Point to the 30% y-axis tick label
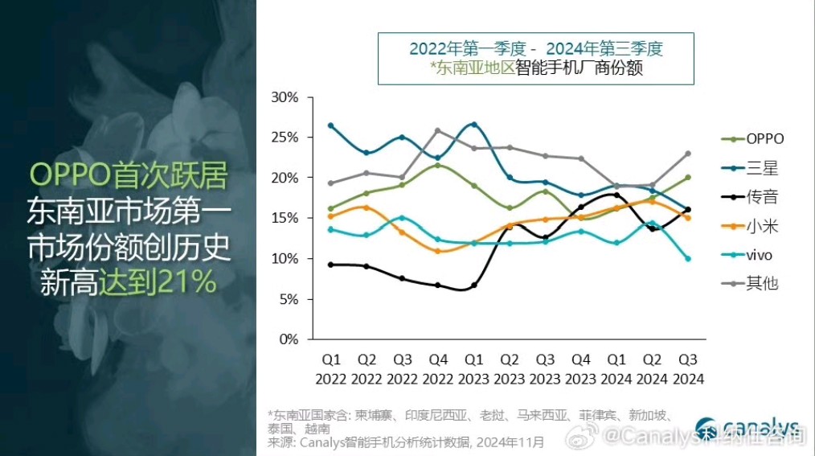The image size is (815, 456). tap(285, 97)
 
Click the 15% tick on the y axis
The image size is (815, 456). tap(285, 218)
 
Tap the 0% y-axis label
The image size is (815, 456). tap(289, 339)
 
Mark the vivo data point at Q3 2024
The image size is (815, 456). tap(688, 258)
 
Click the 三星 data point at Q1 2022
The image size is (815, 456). tap(330, 125)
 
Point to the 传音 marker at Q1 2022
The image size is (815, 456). tap(330, 265)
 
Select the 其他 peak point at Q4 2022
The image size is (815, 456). tap(438, 130)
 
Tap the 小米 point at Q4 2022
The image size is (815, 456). tap(438, 251)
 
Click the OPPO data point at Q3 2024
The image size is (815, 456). tap(688, 177)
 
